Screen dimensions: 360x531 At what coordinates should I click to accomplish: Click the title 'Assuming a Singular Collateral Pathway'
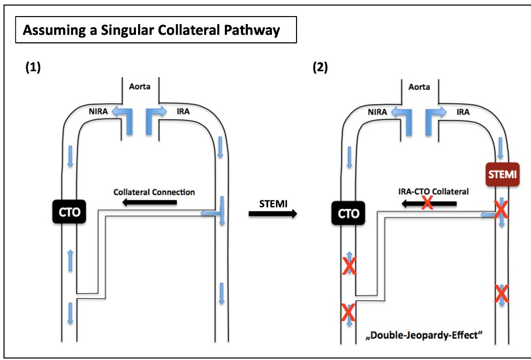[151, 31]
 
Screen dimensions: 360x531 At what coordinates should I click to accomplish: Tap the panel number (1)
[33, 67]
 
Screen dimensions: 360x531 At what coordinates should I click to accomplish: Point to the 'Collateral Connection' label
[154, 191]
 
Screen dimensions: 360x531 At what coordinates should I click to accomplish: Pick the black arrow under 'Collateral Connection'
[149, 202]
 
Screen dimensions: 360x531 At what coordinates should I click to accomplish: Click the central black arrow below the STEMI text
[273, 214]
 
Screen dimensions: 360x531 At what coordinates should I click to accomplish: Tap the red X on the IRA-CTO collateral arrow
[427, 203]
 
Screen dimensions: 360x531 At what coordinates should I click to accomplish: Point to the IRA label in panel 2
[463, 112]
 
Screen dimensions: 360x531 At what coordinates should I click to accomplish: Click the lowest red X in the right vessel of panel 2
[501, 294]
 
